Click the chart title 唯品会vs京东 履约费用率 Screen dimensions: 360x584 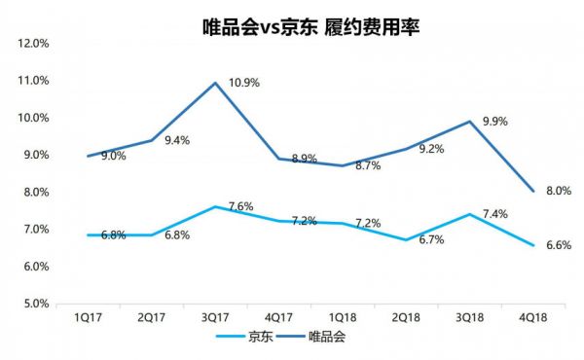pos(310,26)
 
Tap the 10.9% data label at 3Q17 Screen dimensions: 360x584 pos(244,83)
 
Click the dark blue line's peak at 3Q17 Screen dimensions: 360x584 pos(215,82)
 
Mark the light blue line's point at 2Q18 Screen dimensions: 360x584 pos(408,239)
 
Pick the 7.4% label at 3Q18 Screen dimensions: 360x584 pos(493,213)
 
